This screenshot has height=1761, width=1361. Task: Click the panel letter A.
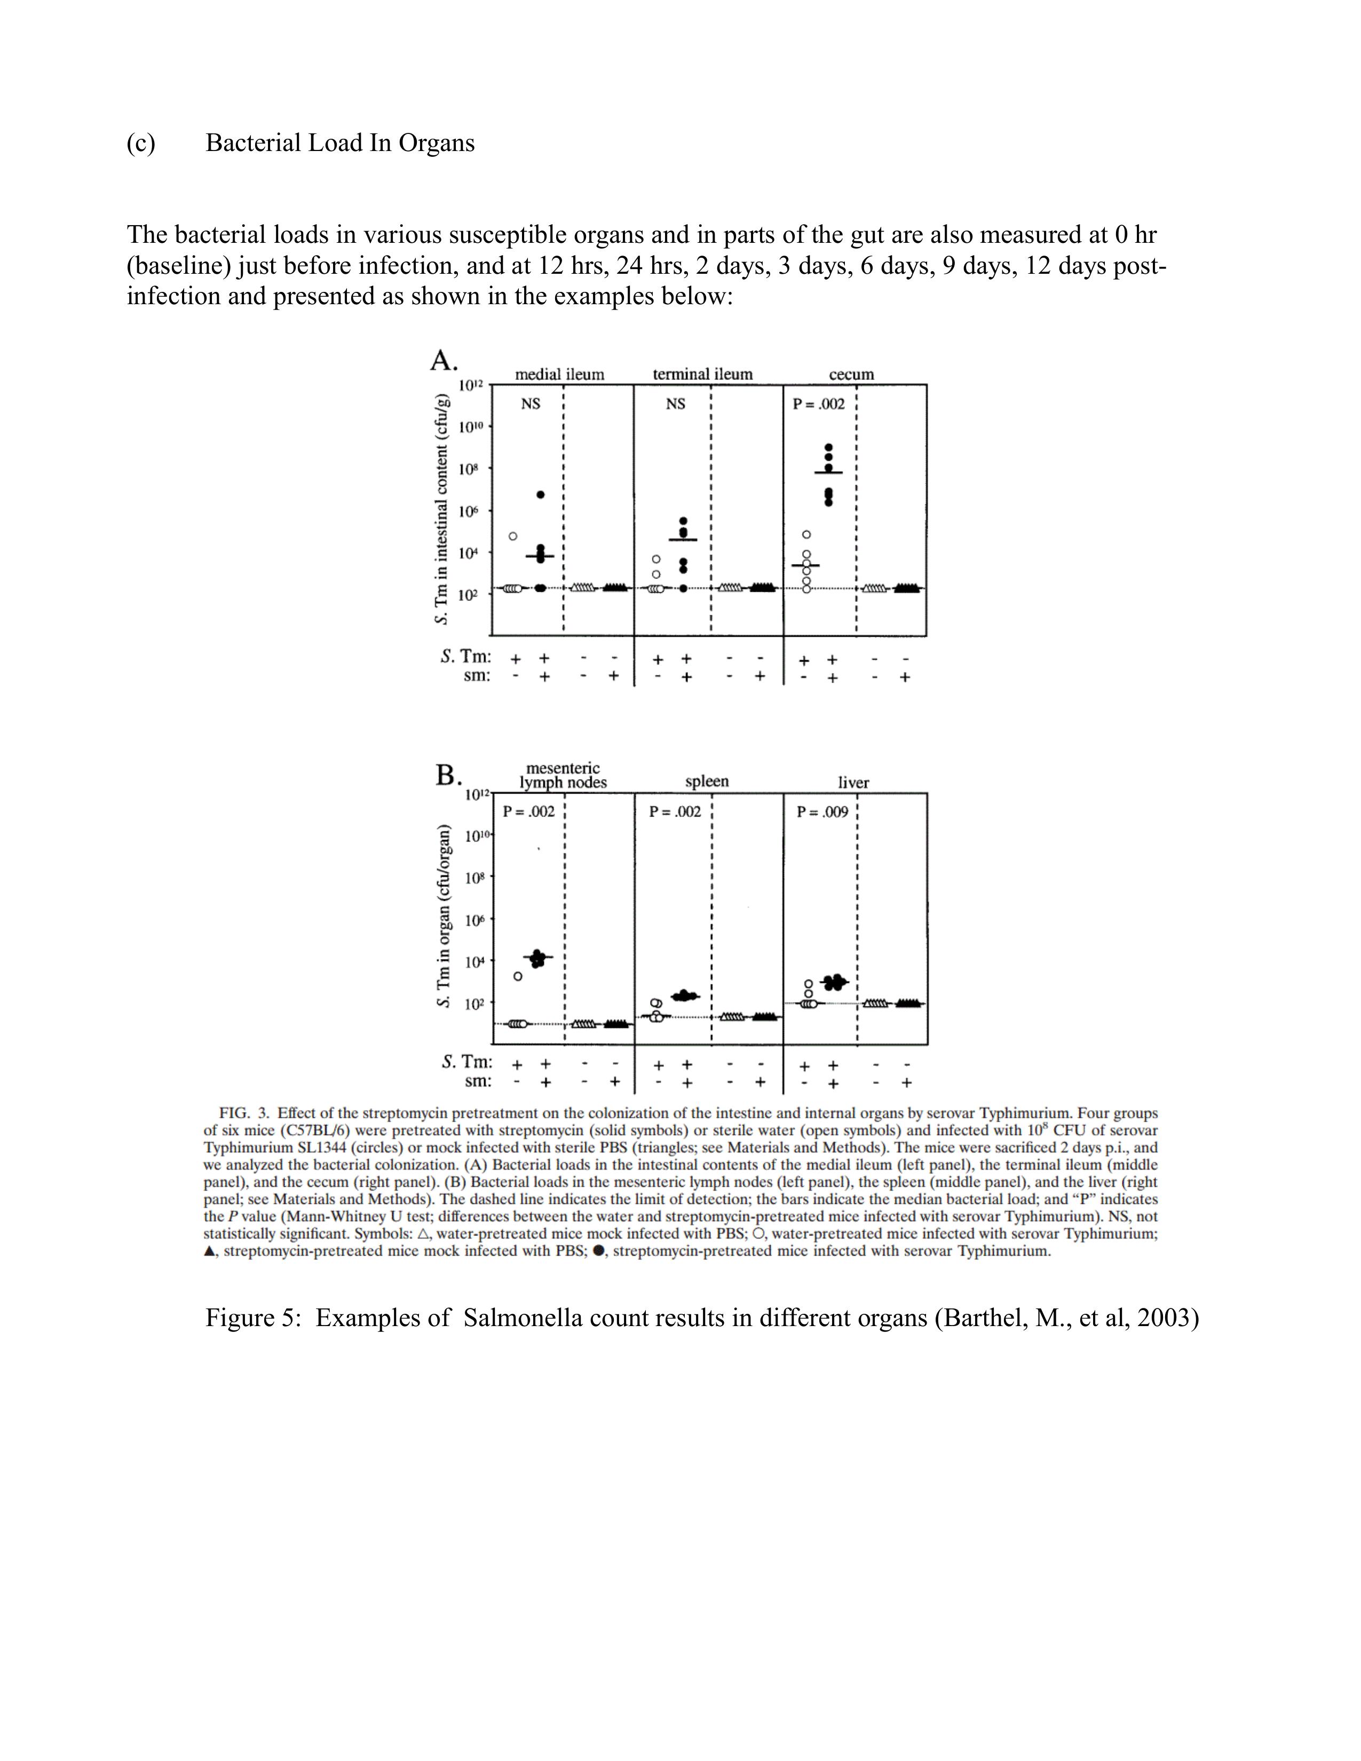tap(442, 360)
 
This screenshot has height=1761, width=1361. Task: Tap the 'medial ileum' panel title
tap(559, 375)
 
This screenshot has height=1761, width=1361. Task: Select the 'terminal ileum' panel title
tap(702, 375)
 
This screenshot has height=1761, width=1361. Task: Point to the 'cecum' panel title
tap(851, 375)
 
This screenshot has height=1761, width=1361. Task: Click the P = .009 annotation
tap(822, 812)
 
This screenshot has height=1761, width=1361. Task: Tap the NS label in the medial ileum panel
tap(531, 404)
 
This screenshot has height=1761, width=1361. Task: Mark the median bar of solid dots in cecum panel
tap(829, 472)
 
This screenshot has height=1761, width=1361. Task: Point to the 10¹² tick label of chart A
tap(471, 385)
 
